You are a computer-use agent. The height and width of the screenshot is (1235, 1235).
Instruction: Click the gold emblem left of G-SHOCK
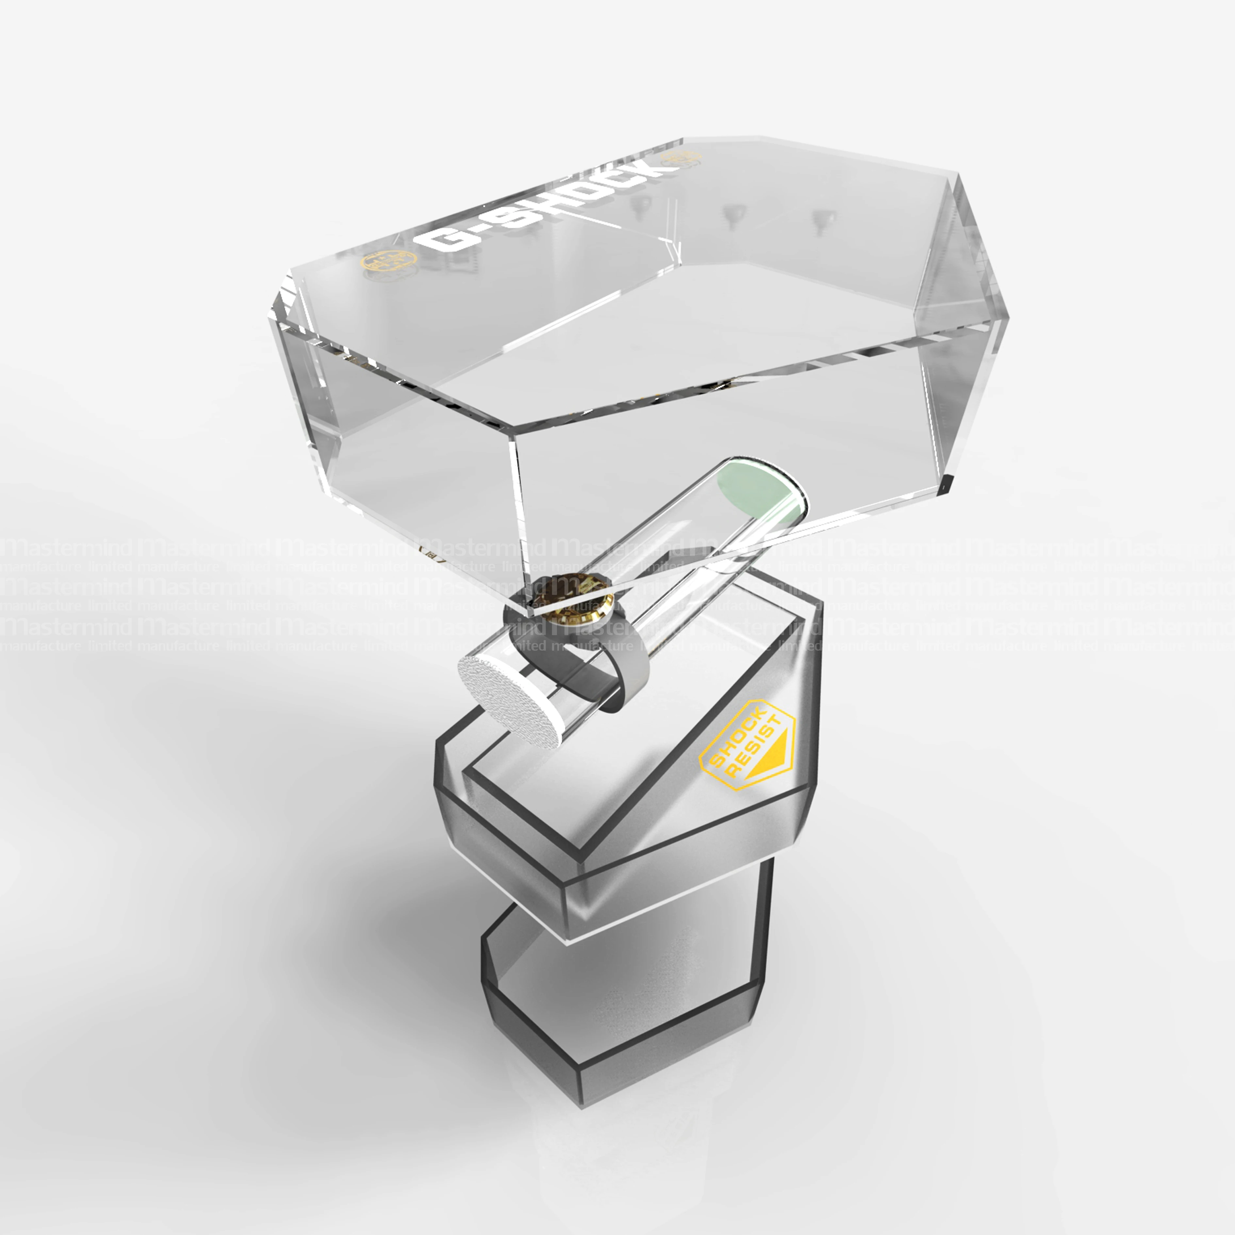point(388,261)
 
